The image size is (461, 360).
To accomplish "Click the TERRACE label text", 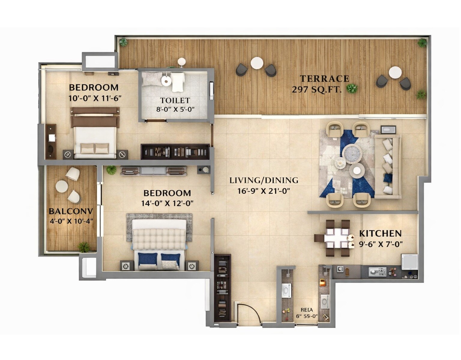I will pos(324,79).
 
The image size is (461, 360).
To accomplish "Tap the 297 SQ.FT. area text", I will pos(317,89).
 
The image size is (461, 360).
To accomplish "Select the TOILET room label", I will pos(175,100).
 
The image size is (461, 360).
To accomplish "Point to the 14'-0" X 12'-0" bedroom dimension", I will pos(167,203).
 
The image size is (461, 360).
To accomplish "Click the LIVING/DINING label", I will pos(264,180).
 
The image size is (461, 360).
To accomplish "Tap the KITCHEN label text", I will pos(380,233).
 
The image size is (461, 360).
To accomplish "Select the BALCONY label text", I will pos(71,211).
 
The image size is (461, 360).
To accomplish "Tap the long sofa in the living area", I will pos(388,166).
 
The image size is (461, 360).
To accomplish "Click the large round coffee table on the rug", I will pos(352,154).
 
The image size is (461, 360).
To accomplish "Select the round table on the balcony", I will pos(62,186).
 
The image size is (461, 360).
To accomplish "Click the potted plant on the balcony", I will pos(83,247).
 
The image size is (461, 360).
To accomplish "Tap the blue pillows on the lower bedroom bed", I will pos(159,258).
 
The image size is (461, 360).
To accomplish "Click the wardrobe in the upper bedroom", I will pos(175,152).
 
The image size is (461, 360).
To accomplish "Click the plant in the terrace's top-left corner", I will pos(123,42).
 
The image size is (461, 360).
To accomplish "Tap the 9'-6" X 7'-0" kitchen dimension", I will pos(381,244).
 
